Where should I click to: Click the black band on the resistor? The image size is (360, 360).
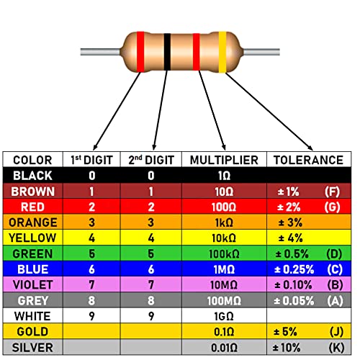coord(167,52)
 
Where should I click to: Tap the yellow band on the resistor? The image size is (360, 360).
coord(222,52)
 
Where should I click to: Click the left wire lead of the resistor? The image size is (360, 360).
coord(101,52)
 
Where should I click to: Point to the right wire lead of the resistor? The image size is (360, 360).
coord(261,52)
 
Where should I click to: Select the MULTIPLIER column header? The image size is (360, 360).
coord(224,160)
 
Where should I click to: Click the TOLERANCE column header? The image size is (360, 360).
coord(308,160)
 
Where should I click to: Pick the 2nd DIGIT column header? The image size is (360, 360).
coord(151,160)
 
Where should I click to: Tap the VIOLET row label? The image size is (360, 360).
coord(32,285)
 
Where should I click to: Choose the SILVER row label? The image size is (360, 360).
coord(32,348)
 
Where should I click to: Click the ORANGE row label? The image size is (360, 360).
coord(33,222)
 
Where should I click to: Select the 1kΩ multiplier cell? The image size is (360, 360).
coord(224,222)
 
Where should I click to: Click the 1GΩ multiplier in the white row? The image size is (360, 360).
coord(224,316)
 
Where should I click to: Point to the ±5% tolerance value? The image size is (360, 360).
coord(285,332)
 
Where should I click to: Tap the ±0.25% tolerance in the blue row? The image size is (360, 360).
coord(294,269)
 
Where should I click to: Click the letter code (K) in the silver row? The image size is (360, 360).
coord(336,348)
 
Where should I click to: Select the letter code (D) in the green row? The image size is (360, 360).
coord(334,254)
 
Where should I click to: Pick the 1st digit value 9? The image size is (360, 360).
coord(91,316)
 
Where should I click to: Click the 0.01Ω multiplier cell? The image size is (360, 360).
coord(224,348)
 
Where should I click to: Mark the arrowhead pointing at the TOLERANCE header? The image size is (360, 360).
coord(310,148)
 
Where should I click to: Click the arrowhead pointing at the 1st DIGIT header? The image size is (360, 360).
coord(95,147)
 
